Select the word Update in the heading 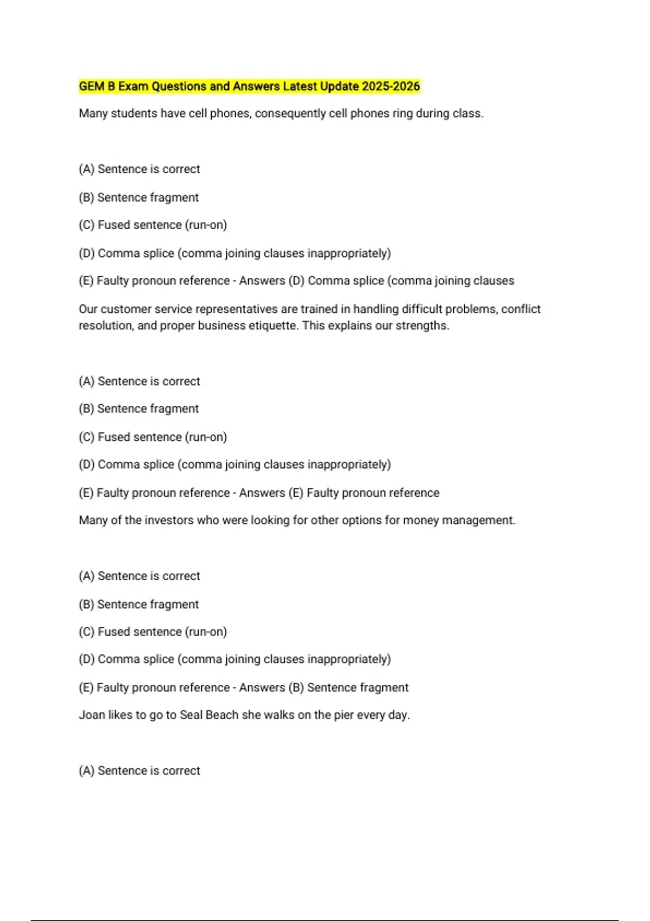339,86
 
